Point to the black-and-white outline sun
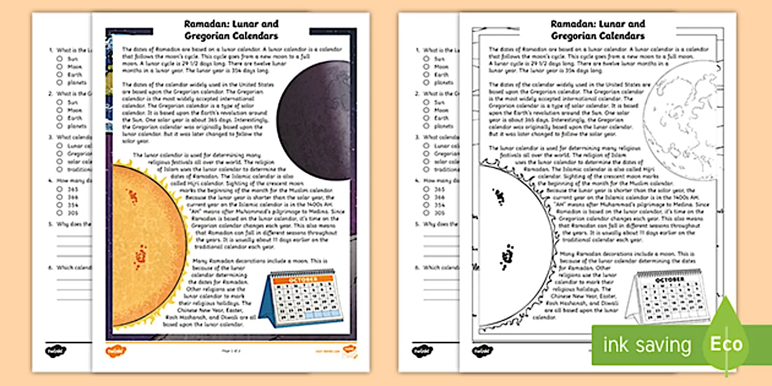point(515,245)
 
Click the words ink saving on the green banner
point(647,344)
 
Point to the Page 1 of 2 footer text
point(231,351)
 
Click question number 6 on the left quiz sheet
point(50,267)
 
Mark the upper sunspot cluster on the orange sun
point(131,197)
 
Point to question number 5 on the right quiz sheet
point(417,224)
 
